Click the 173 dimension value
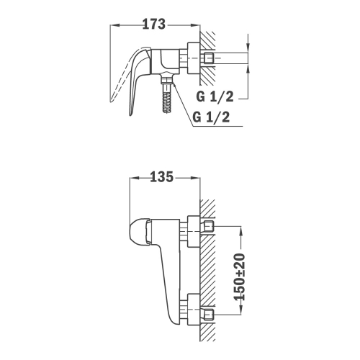click(154, 24)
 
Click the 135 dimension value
click(161, 177)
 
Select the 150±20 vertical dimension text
click(240, 276)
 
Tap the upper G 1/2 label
click(215, 97)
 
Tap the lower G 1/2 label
click(212, 117)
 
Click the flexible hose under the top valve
click(166, 101)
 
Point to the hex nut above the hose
click(166, 78)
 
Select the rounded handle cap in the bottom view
click(140, 232)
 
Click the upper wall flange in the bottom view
click(194, 231)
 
